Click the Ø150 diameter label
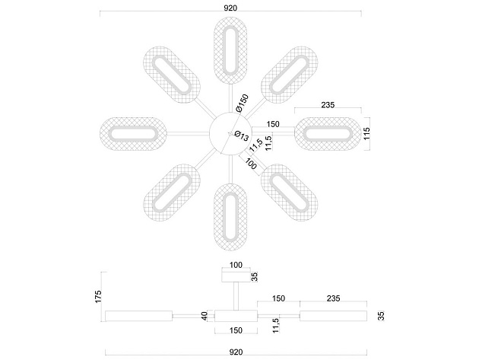pos(243,103)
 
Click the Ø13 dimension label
pos(241,135)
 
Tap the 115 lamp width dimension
pos(366,133)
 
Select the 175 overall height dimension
pos(98,297)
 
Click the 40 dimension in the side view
pos(205,316)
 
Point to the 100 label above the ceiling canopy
pos(236,265)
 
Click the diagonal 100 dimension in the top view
pos(251,164)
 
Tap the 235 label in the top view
pos(328,105)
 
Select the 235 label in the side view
pos(333,298)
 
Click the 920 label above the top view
pos(230,8)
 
